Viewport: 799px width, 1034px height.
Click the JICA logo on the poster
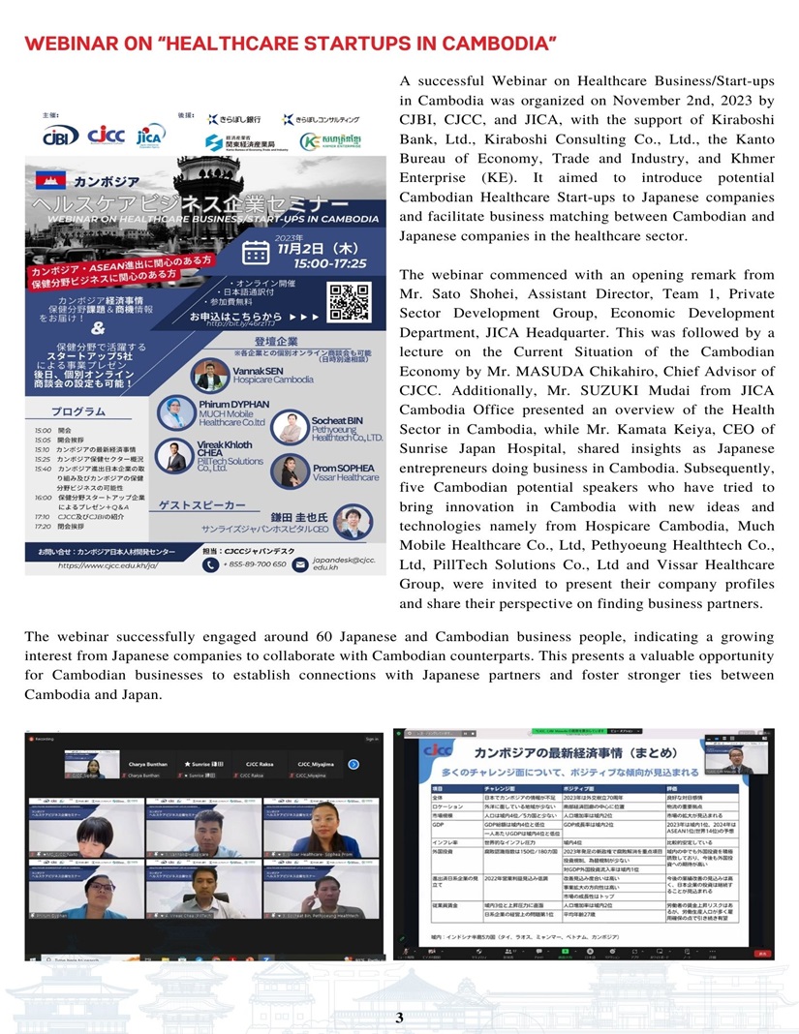click(x=151, y=135)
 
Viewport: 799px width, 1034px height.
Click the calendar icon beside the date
click(x=256, y=254)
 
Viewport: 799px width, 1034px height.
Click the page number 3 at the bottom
click(x=399, y=1017)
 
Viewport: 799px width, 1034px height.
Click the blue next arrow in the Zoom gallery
click(x=354, y=764)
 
